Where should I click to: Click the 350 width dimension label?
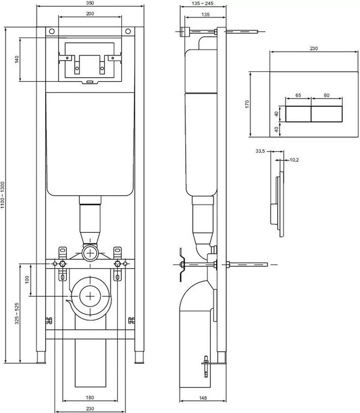90,3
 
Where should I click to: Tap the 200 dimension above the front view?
90,14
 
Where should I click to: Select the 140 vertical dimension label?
17,59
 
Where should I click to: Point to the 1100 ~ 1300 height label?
3,195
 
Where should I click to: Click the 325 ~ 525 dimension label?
17,313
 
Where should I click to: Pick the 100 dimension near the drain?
27,280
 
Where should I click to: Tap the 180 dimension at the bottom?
90,398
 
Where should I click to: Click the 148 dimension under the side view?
203,398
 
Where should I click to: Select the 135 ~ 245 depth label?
203,4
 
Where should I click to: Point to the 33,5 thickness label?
260,151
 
